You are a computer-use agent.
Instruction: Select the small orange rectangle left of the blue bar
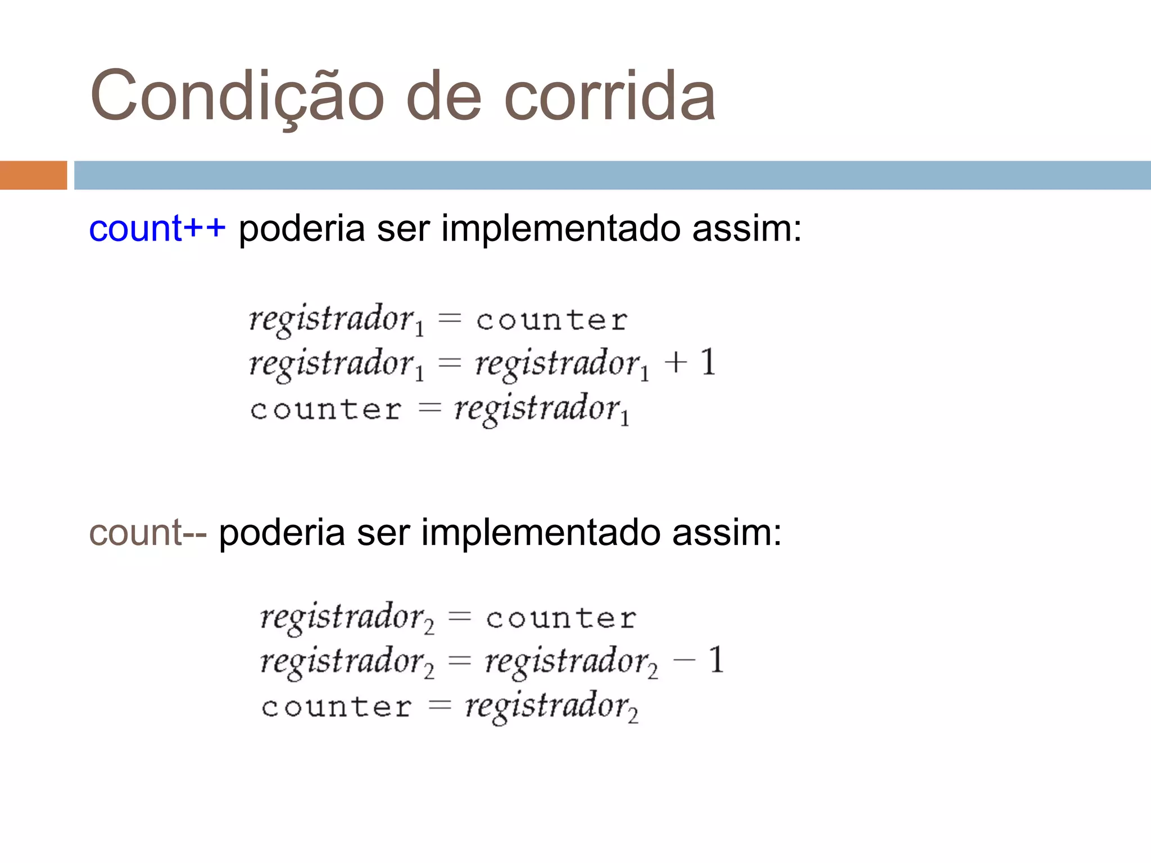pyautogui.click(x=33, y=175)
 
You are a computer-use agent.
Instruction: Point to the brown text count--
pyautogui.click(x=148, y=533)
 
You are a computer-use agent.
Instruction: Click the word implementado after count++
pyautogui.click(x=560, y=229)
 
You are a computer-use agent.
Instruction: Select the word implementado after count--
pyautogui.click(x=540, y=533)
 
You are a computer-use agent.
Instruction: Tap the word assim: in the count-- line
pyautogui.click(x=727, y=533)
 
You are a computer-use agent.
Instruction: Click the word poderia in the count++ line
pyautogui.click(x=302, y=229)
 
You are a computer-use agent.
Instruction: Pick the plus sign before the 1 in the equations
pyautogui.click(x=676, y=362)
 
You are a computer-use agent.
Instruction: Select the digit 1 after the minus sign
pyautogui.click(x=716, y=660)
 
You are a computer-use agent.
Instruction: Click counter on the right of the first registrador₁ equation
pyautogui.click(x=552, y=321)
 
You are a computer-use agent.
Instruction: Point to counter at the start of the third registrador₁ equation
pyautogui.click(x=326, y=410)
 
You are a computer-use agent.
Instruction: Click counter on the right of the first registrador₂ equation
pyautogui.click(x=561, y=619)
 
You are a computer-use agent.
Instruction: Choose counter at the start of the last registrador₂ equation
pyautogui.click(x=336, y=707)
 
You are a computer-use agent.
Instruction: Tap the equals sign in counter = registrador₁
pyautogui.click(x=430, y=408)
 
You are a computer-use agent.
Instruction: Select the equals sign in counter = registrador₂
pyautogui.click(x=440, y=706)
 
